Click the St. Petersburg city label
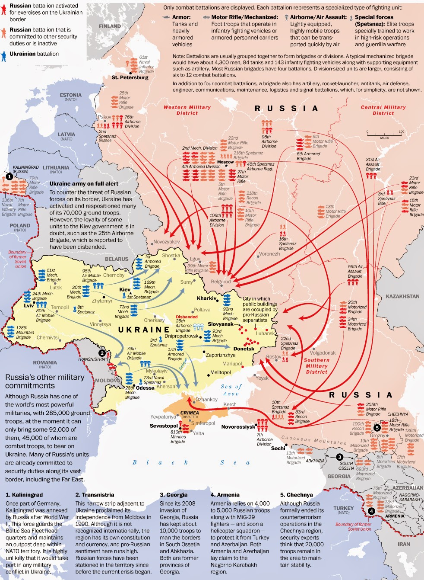point(130,77)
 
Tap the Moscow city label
point(225,162)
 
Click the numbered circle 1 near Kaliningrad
point(9,176)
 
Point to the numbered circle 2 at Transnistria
point(102,353)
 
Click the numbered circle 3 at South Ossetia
point(340,457)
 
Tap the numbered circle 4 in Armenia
point(371,511)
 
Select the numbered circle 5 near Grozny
point(377,428)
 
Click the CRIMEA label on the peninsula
point(190,413)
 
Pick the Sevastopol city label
point(164,426)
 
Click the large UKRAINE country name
point(144,330)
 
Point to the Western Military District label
point(187,110)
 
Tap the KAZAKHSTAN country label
point(402,296)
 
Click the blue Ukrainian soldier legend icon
point(4,54)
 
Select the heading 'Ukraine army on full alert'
point(84,183)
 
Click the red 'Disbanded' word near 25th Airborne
point(187,317)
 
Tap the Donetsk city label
point(244,349)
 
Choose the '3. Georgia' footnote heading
point(174,494)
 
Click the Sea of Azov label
point(231,390)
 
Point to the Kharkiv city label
point(206,298)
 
